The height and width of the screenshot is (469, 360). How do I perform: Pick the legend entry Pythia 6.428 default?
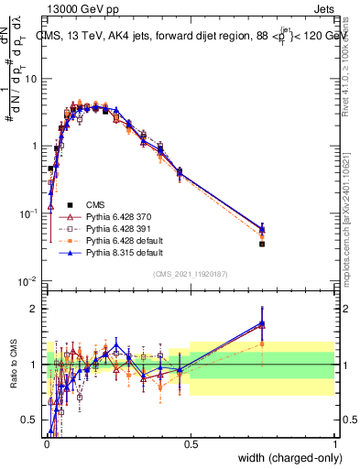pos(122,240)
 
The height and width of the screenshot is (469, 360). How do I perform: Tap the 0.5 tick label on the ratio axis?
pos(31,420)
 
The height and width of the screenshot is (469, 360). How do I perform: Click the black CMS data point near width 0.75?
pos(262,244)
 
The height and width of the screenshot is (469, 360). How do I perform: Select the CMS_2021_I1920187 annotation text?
pos(191,273)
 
